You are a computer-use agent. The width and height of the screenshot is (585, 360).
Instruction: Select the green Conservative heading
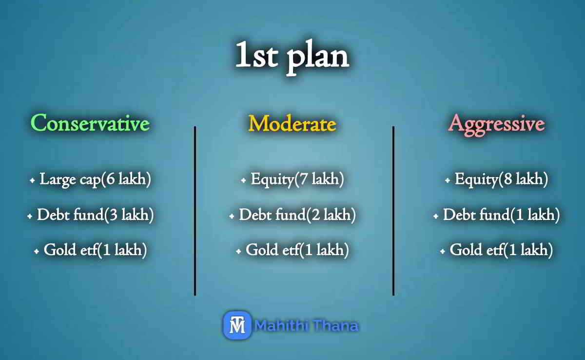(90, 123)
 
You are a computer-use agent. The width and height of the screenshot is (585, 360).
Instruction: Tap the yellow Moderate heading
(292, 123)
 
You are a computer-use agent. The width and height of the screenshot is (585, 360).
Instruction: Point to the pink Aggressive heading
(496, 123)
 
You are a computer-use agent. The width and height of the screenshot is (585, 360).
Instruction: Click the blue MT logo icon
(237, 325)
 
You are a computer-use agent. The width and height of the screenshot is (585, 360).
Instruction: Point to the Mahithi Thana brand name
(307, 325)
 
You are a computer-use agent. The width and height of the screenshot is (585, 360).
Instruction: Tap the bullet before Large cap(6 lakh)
(32, 181)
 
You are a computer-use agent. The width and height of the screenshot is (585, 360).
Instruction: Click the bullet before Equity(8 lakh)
(448, 181)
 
